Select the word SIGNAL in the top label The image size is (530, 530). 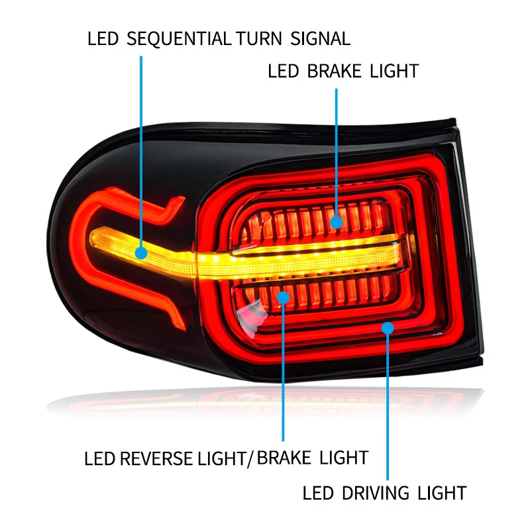[320, 38]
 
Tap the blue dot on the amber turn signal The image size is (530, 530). [140, 252]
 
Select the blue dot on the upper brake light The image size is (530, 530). [337, 222]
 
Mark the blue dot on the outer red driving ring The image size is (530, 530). [388, 327]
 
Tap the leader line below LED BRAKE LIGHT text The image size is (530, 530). [337, 152]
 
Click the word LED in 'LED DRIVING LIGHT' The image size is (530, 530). [317, 493]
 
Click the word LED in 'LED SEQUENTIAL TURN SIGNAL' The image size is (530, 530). [102, 38]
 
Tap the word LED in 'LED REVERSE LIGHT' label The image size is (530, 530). [99, 458]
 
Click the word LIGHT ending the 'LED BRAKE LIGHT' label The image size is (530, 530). [395, 71]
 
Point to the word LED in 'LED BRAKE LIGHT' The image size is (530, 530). [283, 71]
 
